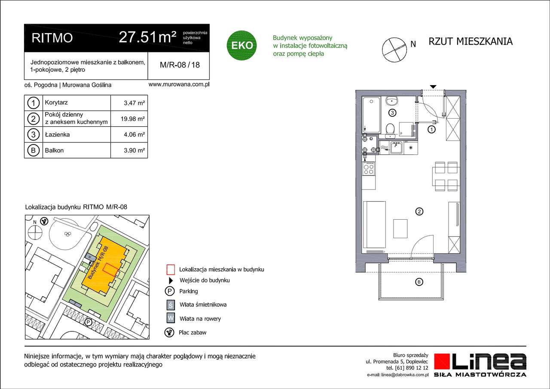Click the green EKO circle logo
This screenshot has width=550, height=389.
click(242, 45)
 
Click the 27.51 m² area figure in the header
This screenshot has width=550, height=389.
click(147, 37)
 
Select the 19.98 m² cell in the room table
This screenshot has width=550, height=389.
click(134, 119)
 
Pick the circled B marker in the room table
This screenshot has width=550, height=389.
click(33, 150)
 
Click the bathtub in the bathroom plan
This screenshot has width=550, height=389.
click(371, 115)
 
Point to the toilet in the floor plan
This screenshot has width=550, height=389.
click(391, 129)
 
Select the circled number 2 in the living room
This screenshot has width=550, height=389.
click(419, 211)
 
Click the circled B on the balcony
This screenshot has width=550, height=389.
click(419, 282)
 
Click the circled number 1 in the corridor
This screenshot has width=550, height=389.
click(432, 129)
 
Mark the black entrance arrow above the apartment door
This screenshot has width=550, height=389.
click(433, 87)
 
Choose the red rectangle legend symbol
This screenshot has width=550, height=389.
click(171, 270)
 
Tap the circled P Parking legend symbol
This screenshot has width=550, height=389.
click(171, 291)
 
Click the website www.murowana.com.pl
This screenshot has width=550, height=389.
click(178, 85)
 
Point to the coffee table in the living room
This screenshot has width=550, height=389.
click(400, 229)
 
